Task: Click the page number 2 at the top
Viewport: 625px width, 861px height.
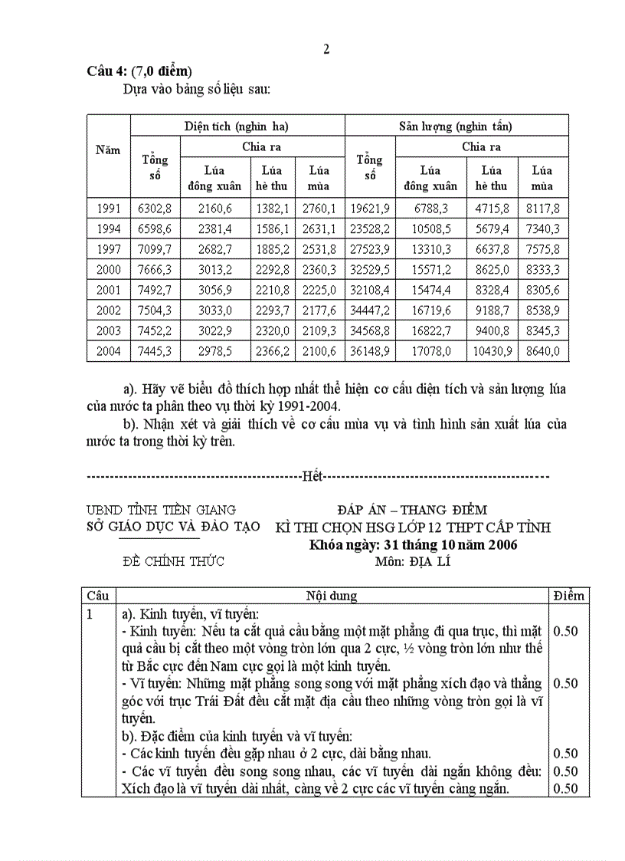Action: click(326, 50)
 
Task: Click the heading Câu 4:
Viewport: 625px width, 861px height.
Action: click(106, 71)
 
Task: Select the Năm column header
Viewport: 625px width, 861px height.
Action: click(108, 150)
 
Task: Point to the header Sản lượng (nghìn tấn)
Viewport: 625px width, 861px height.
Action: click(456, 126)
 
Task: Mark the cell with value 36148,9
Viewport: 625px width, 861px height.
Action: click(370, 351)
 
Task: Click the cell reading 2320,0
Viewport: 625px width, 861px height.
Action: click(272, 331)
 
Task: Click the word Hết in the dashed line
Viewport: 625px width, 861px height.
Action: click(312, 477)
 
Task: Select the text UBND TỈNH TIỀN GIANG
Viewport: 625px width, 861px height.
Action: click(162, 510)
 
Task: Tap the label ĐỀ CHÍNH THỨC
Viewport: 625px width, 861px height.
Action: click(173, 562)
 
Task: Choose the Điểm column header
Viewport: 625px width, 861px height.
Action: click(568, 596)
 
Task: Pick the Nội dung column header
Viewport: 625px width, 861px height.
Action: click(332, 596)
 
